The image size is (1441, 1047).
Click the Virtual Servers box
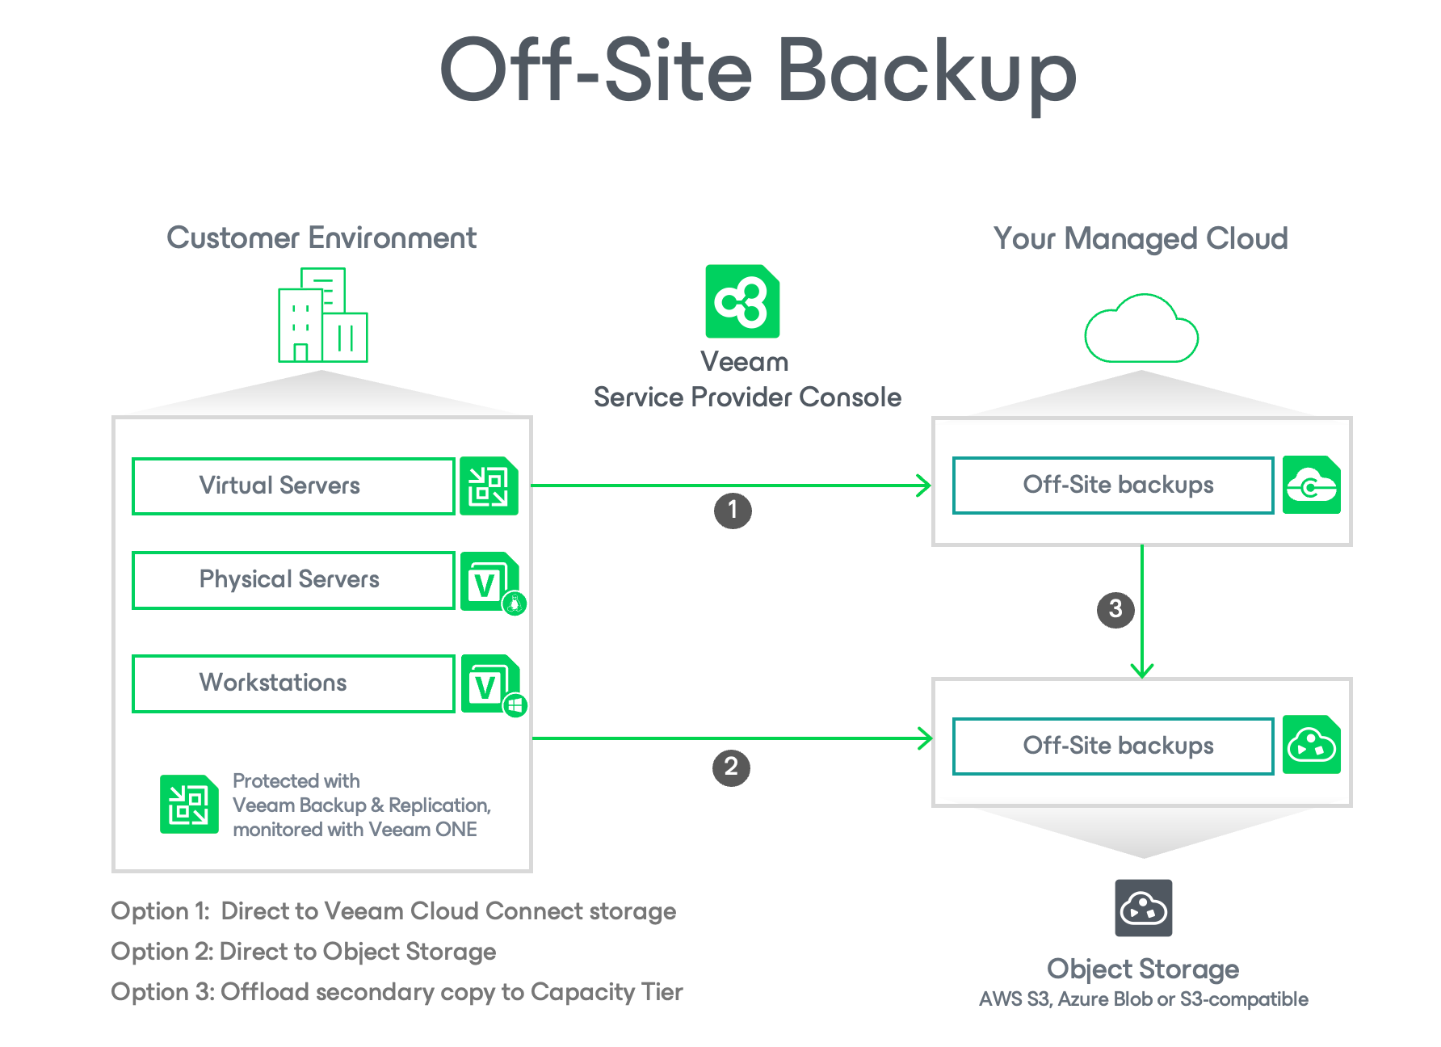[293, 486]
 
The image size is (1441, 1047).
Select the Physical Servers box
[293, 580]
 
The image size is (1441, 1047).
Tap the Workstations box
[293, 683]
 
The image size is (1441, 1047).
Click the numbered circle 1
[733, 511]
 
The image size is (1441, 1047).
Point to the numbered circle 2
[731, 767]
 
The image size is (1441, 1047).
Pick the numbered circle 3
[1115, 609]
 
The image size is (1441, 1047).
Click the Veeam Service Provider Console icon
[742, 301]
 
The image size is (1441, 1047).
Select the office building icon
[323, 316]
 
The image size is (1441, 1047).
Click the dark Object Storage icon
[1143, 908]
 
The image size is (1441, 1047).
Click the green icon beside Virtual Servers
[489, 486]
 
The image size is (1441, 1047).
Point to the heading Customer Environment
[321, 238]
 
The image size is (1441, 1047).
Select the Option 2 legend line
[304, 952]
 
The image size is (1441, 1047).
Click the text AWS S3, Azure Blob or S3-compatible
[1143, 999]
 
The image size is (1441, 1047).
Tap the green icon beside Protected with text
[189, 804]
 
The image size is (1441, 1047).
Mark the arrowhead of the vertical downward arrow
[1142, 671]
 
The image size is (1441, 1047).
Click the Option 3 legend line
[397, 992]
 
